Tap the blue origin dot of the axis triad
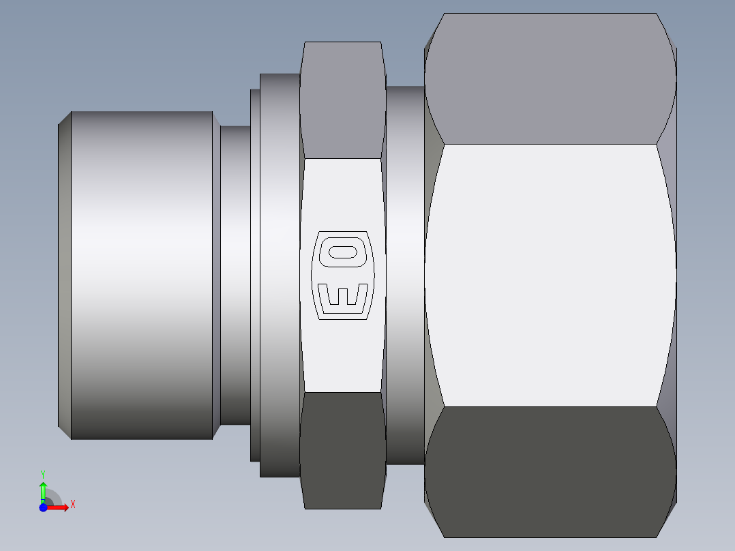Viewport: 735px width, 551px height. (x=43, y=507)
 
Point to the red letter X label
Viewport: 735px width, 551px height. (x=73, y=505)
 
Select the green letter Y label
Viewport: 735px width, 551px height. (x=43, y=475)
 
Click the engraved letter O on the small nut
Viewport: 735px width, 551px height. (x=343, y=252)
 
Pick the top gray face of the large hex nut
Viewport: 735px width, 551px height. (x=550, y=79)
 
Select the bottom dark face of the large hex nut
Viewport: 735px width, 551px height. (x=550, y=472)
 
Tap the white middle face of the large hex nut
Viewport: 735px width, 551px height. (x=550, y=275)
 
